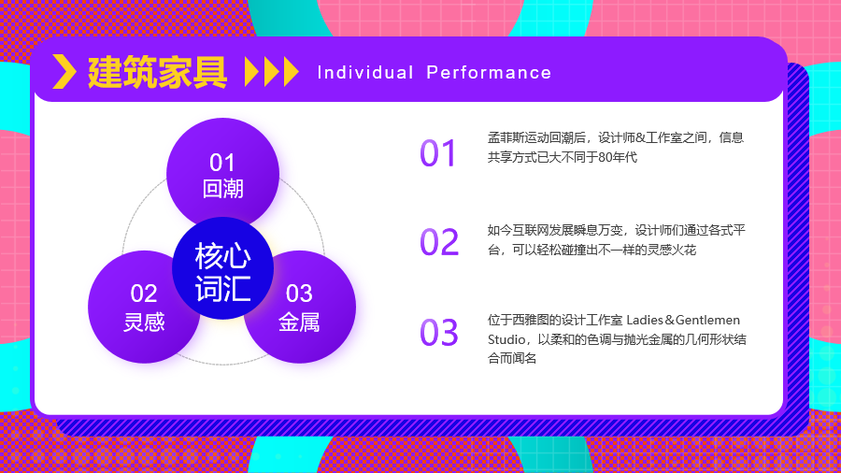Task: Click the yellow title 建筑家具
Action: tap(157, 72)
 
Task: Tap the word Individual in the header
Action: tap(365, 72)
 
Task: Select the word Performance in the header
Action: tap(489, 72)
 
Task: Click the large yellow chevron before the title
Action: tap(64, 71)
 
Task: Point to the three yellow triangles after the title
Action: tap(271, 71)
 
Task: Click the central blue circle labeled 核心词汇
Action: tap(222, 268)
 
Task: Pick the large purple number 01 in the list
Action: tap(437, 153)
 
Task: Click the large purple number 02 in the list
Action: tap(439, 242)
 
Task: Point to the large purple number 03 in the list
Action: tap(439, 333)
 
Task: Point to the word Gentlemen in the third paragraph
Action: tap(707, 320)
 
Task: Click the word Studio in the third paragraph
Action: tap(506, 340)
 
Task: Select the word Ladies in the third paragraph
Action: tap(645, 320)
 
